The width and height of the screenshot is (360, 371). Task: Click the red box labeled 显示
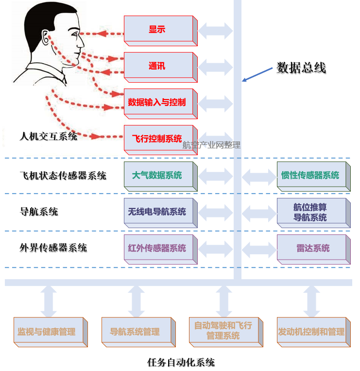pyautogui.click(x=157, y=29)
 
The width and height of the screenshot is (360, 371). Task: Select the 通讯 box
pyautogui.click(x=157, y=66)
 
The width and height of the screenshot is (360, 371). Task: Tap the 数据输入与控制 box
pyautogui.click(x=157, y=103)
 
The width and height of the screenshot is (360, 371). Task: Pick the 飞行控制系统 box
pyautogui.click(x=157, y=139)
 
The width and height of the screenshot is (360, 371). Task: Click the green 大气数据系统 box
pyautogui.click(x=157, y=176)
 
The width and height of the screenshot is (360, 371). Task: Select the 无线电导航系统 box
pyautogui.click(x=157, y=212)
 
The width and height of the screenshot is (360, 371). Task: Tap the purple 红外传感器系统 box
pyautogui.click(x=157, y=248)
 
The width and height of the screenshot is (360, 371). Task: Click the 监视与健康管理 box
pyautogui.click(x=47, y=332)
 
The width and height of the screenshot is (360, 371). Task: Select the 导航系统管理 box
pyautogui.click(x=135, y=332)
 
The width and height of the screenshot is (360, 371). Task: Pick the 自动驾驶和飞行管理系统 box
pyautogui.click(x=223, y=331)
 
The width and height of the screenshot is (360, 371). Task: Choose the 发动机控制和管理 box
pyautogui.click(x=311, y=332)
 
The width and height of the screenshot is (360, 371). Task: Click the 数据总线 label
pyautogui.click(x=301, y=68)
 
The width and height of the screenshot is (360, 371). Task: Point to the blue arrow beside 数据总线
pyautogui.click(x=257, y=74)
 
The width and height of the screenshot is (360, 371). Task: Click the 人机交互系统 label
pyautogui.click(x=49, y=136)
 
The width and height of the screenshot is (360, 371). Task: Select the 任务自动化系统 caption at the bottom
pyautogui.click(x=181, y=362)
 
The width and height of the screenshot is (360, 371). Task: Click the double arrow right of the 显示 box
pyautogui.click(x=215, y=30)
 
